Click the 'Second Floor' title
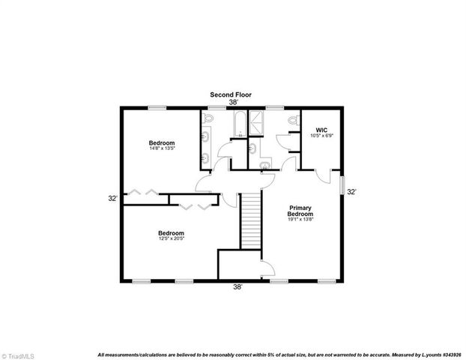(x=230, y=94)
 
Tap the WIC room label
(x=321, y=130)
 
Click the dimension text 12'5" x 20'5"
(x=171, y=238)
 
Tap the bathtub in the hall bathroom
(x=238, y=126)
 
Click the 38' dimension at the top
(x=233, y=103)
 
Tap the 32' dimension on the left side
(x=112, y=199)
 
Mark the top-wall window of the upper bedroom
(x=157, y=109)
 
